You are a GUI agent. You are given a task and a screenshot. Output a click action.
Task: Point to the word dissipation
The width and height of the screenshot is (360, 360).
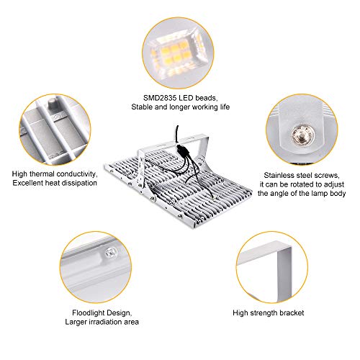click(x=78, y=183)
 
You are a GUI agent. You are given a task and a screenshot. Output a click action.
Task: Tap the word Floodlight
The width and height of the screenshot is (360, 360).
click(x=88, y=312)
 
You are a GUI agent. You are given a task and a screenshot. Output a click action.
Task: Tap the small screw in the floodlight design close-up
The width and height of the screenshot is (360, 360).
click(x=111, y=253)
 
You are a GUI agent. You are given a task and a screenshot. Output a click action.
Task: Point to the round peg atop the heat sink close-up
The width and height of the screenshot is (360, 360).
click(x=52, y=104)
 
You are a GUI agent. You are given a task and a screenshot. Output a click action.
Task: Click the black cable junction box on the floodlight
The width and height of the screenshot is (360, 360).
click(x=181, y=150)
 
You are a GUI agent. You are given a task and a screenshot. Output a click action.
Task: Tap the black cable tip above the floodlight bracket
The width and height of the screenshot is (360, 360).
click(x=178, y=127)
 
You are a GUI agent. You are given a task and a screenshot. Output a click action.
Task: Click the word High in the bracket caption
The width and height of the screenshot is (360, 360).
click(x=240, y=312)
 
